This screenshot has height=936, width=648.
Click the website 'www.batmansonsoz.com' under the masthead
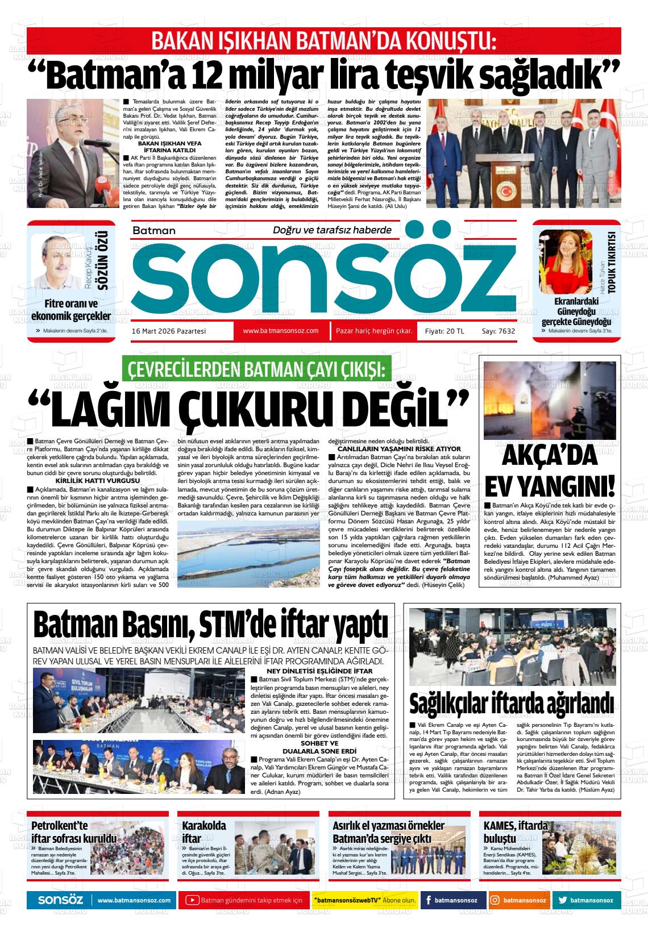pos(280,331)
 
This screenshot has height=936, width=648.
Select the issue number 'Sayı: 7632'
pos(498,331)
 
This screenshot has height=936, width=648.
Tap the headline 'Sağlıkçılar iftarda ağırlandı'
pos(512,702)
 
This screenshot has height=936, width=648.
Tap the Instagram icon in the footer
pos(495,900)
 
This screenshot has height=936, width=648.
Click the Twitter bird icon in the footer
pos(563,900)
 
